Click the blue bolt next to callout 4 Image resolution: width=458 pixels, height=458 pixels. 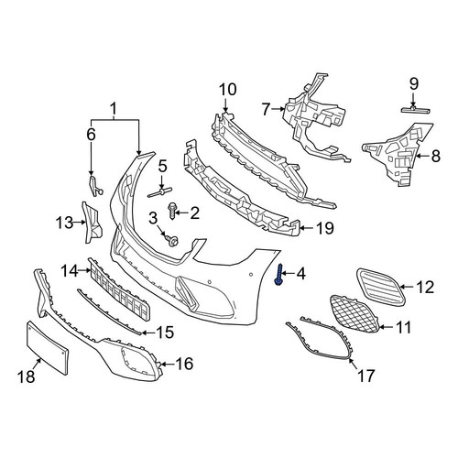278,275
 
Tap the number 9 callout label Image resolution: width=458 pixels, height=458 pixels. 414,83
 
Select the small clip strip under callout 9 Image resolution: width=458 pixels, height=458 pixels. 416,109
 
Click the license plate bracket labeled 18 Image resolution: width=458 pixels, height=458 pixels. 48,347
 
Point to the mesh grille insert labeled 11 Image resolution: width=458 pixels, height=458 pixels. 355,314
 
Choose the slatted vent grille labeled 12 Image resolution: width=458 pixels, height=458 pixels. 381,286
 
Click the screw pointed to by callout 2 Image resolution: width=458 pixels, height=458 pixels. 172,212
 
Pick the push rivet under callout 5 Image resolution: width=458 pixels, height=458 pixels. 160,192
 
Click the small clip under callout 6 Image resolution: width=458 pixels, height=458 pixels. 94,186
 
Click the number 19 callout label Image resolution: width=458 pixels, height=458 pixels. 324,228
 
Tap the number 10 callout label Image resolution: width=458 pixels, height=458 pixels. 228,90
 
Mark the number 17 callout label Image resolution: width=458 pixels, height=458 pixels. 365,376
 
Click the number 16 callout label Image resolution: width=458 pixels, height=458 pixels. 185,364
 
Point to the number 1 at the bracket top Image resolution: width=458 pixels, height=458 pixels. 114,109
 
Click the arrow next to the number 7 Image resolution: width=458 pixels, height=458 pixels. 278,109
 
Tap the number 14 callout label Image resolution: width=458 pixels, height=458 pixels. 70,270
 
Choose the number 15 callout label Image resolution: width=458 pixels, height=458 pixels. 165,333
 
